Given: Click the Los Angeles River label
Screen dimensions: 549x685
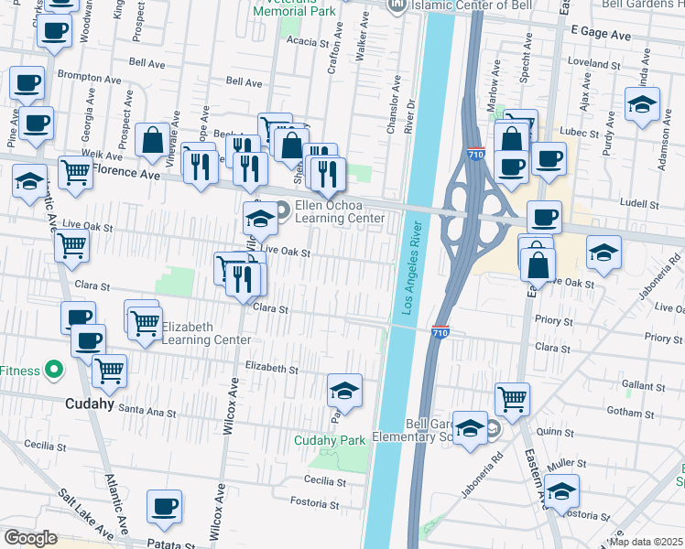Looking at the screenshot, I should point(408,269).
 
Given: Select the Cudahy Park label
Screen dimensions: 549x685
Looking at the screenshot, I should point(329,440).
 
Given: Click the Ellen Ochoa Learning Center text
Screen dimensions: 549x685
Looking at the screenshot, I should point(340,211).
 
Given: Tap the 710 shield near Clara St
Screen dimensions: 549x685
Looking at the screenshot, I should point(440,335).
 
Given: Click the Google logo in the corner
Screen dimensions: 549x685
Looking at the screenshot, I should point(30,538).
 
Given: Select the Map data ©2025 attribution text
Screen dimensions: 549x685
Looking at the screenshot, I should point(646,542).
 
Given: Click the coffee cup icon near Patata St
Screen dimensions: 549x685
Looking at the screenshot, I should point(165,505).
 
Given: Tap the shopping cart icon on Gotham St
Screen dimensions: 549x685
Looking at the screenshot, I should point(513,399).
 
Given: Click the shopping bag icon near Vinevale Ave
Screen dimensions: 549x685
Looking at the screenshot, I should point(152,140).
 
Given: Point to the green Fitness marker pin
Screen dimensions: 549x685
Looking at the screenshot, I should point(54,371).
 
